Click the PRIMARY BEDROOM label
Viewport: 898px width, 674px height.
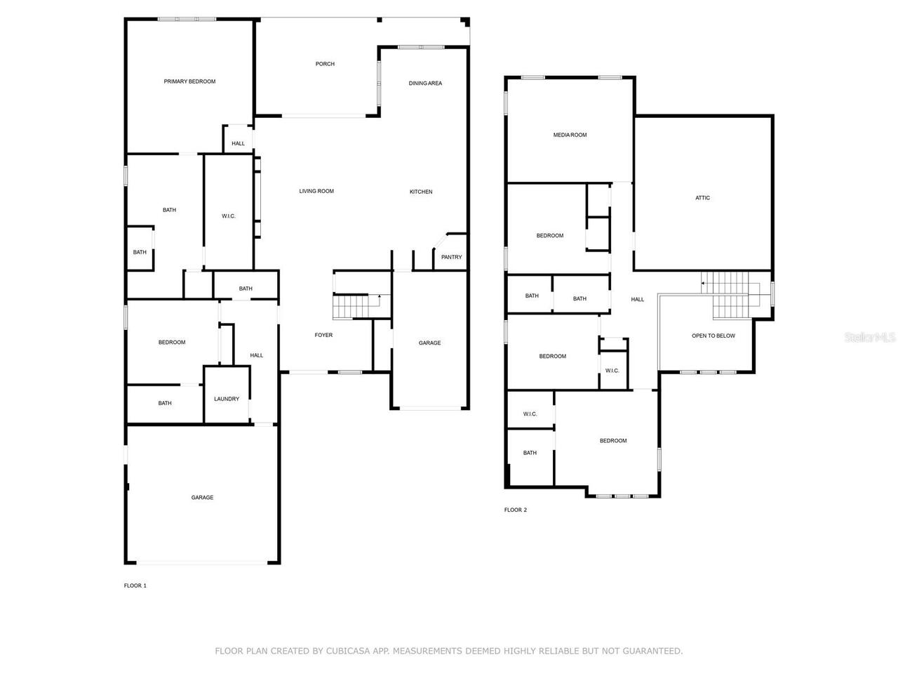189,81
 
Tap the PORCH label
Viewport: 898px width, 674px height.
325,64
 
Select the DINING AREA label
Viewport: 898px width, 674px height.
425,84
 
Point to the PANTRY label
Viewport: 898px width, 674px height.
451,257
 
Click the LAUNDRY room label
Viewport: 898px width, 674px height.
227,399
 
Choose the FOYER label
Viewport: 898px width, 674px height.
323,335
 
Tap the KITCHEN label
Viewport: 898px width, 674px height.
421,192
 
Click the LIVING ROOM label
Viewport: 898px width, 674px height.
316,191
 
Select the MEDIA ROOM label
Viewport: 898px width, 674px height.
570,135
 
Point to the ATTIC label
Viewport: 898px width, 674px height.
702,198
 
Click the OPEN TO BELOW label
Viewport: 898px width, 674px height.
713,336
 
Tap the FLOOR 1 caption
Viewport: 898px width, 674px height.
135,586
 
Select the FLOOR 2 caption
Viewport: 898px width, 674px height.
515,510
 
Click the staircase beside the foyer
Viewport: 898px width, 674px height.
349,307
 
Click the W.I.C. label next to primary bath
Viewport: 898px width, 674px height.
229,216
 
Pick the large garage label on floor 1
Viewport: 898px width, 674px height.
202,498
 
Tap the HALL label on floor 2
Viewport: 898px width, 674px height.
637,300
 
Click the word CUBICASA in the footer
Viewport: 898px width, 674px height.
347,652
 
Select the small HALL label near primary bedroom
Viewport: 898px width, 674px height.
239,144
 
